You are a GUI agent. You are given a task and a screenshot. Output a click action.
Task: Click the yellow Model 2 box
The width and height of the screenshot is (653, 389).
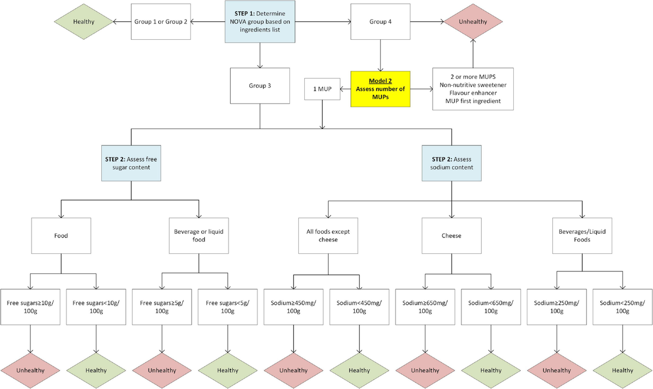click(x=380, y=88)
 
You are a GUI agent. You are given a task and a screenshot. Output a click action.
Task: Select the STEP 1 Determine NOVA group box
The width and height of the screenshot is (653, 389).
click(x=260, y=22)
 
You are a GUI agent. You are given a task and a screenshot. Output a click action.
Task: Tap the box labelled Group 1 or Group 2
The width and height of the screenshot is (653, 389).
click(x=161, y=22)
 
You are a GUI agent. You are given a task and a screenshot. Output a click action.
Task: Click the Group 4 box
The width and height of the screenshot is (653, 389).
click(x=380, y=22)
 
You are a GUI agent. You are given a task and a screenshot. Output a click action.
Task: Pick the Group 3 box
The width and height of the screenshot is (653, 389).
click(x=260, y=86)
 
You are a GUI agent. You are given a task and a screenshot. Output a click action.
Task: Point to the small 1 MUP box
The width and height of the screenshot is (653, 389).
click(x=323, y=88)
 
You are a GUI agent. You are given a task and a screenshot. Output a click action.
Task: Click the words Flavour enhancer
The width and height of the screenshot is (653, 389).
click(x=473, y=93)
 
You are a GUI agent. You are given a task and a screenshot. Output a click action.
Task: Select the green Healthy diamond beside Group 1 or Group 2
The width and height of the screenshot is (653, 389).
click(x=83, y=22)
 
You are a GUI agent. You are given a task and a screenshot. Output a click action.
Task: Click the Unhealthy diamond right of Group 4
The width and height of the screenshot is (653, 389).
click(x=473, y=22)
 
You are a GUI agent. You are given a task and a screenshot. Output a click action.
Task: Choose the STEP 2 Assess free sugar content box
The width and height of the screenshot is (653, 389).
click(x=132, y=163)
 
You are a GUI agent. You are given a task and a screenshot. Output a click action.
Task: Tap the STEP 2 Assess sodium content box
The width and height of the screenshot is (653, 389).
click(x=451, y=163)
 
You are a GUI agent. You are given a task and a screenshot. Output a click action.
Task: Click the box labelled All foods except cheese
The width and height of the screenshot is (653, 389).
click(x=328, y=235)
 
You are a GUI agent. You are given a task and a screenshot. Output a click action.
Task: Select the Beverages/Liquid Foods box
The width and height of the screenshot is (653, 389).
click(x=582, y=235)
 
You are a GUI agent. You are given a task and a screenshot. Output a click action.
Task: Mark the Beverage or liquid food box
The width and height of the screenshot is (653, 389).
click(x=199, y=235)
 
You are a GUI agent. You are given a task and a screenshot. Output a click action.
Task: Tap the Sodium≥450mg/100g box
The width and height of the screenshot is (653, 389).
click(x=294, y=307)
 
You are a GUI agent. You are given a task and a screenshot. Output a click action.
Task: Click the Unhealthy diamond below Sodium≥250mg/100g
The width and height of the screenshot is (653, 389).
click(x=557, y=370)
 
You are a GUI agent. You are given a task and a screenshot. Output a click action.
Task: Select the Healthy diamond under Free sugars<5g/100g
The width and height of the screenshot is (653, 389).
click(x=227, y=370)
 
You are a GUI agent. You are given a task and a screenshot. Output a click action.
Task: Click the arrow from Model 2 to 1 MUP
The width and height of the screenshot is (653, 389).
click(x=345, y=88)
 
